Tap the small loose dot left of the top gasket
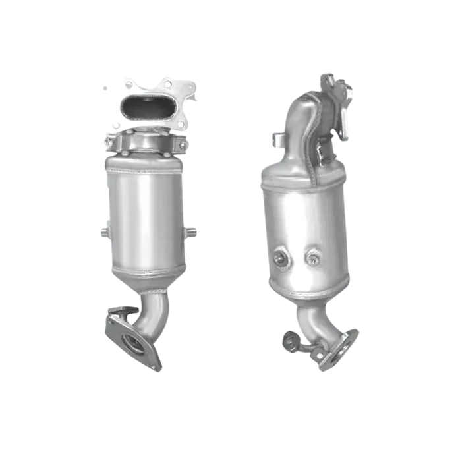coord(105,88)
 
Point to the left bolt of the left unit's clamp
coord(109,138)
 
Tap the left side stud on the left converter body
coord(102,232)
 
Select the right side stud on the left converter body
coord(192,231)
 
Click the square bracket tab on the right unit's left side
coord(277,140)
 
